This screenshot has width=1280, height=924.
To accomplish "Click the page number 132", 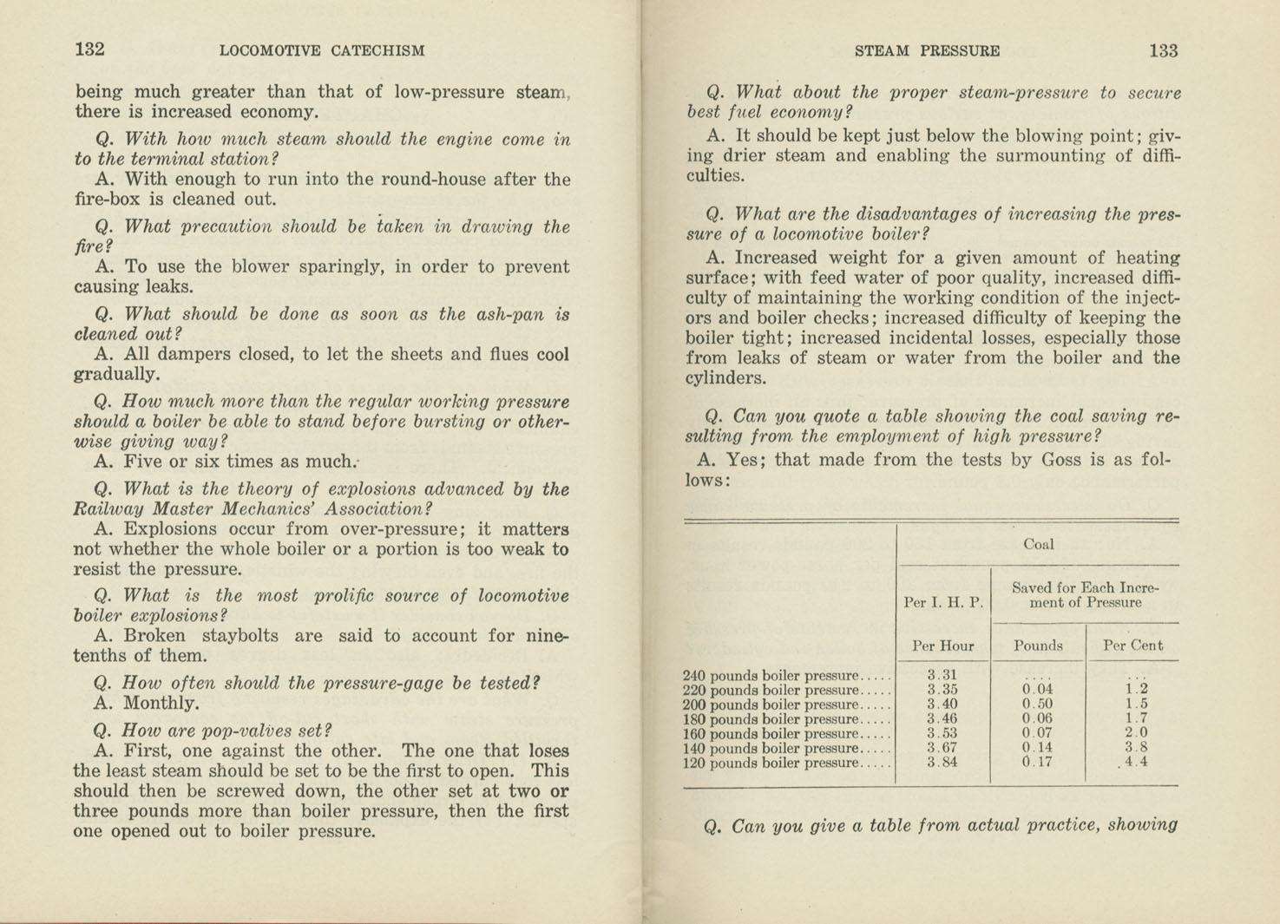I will (x=90, y=49).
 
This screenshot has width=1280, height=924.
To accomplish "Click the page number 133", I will (x=1163, y=50).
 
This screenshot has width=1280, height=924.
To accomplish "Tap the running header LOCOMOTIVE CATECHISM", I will (x=322, y=50).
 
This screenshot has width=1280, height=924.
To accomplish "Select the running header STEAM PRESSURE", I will (x=927, y=51).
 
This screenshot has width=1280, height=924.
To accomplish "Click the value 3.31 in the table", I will (x=942, y=675).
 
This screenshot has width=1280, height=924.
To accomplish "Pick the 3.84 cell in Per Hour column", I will (x=942, y=763).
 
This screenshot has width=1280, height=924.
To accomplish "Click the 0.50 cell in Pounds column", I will (x=1037, y=704).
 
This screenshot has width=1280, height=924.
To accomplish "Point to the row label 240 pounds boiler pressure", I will (x=771, y=676).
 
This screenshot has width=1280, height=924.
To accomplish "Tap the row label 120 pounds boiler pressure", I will (x=771, y=763).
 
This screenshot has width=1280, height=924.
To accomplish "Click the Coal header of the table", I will (x=1038, y=545).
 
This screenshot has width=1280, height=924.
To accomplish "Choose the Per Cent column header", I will (x=1132, y=645).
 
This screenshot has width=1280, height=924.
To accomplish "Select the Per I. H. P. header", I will (x=942, y=602).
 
